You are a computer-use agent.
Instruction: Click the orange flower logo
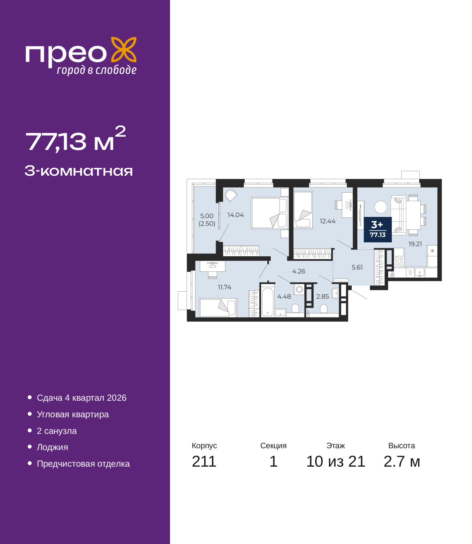(x=124, y=49)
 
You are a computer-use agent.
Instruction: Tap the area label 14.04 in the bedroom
(x=236, y=215)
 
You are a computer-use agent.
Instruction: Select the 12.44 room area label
(x=327, y=221)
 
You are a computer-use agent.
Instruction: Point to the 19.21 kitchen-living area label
(x=415, y=244)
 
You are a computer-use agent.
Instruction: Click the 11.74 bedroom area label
(x=225, y=287)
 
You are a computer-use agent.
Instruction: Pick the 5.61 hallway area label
(x=357, y=267)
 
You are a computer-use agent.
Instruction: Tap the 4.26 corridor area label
(x=299, y=271)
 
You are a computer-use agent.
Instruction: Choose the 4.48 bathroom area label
(x=284, y=296)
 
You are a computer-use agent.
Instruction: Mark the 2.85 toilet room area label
(x=323, y=296)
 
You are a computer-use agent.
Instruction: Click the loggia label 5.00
(x=206, y=216)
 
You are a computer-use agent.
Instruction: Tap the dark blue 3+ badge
(x=378, y=229)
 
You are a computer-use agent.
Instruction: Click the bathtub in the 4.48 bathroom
(x=267, y=302)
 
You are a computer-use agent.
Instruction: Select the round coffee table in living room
(x=381, y=207)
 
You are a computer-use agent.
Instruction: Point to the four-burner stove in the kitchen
(x=399, y=262)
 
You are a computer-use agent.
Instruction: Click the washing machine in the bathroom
(x=299, y=289)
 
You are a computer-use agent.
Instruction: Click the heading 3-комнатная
(x=79, y=171)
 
